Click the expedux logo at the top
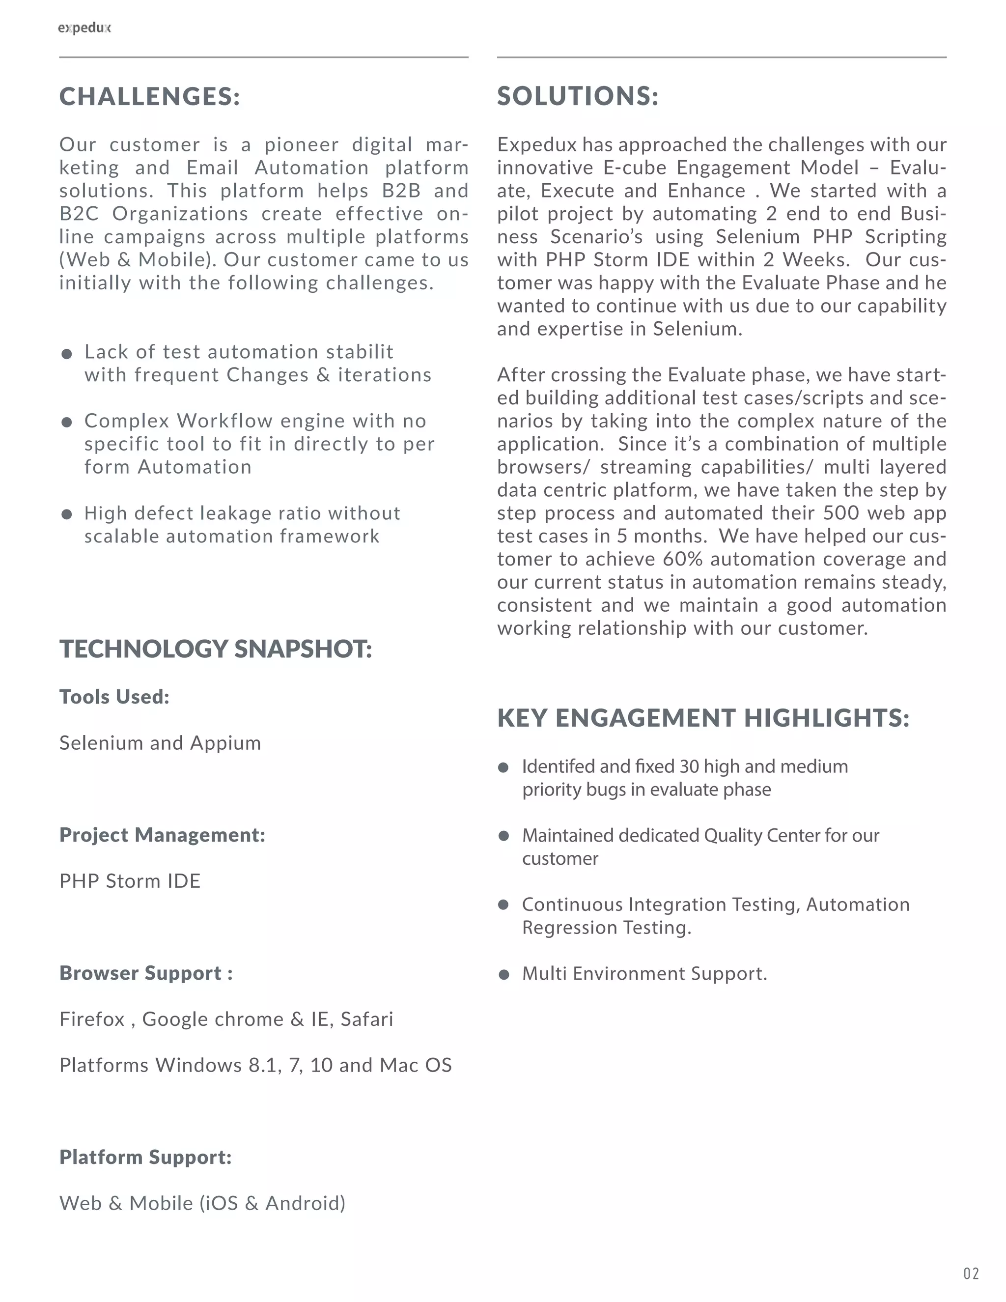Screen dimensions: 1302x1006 [84, 28]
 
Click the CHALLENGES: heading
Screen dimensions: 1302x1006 [150, 97]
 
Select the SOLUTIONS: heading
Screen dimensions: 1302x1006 [578, 97]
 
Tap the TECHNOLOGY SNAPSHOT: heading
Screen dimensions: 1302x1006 [216, 649]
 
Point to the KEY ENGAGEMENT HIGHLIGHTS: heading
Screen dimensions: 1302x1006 [703, 718]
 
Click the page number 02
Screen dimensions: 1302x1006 [971, 1274]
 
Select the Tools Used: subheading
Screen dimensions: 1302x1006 [114, 697]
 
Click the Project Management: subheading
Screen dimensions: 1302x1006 [162, 835]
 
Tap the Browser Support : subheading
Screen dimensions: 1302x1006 [146, 973]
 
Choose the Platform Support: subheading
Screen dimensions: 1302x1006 [145, 1157]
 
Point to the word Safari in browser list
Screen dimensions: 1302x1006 [366, 1019]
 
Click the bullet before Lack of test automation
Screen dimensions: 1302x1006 [67, 354]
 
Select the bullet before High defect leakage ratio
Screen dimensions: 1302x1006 [67, 514]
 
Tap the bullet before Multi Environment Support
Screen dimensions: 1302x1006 [504, 975]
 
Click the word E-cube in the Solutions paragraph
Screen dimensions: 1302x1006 [637, 168]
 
